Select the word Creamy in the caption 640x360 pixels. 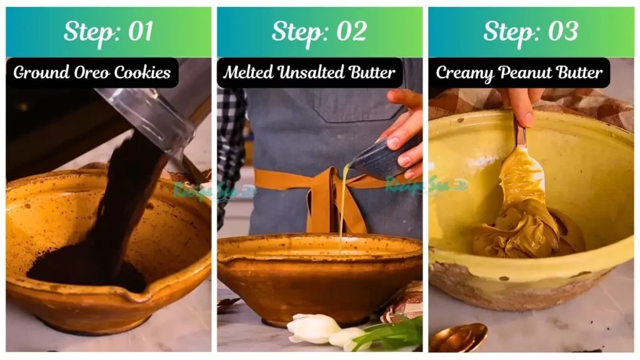coord(463,73)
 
